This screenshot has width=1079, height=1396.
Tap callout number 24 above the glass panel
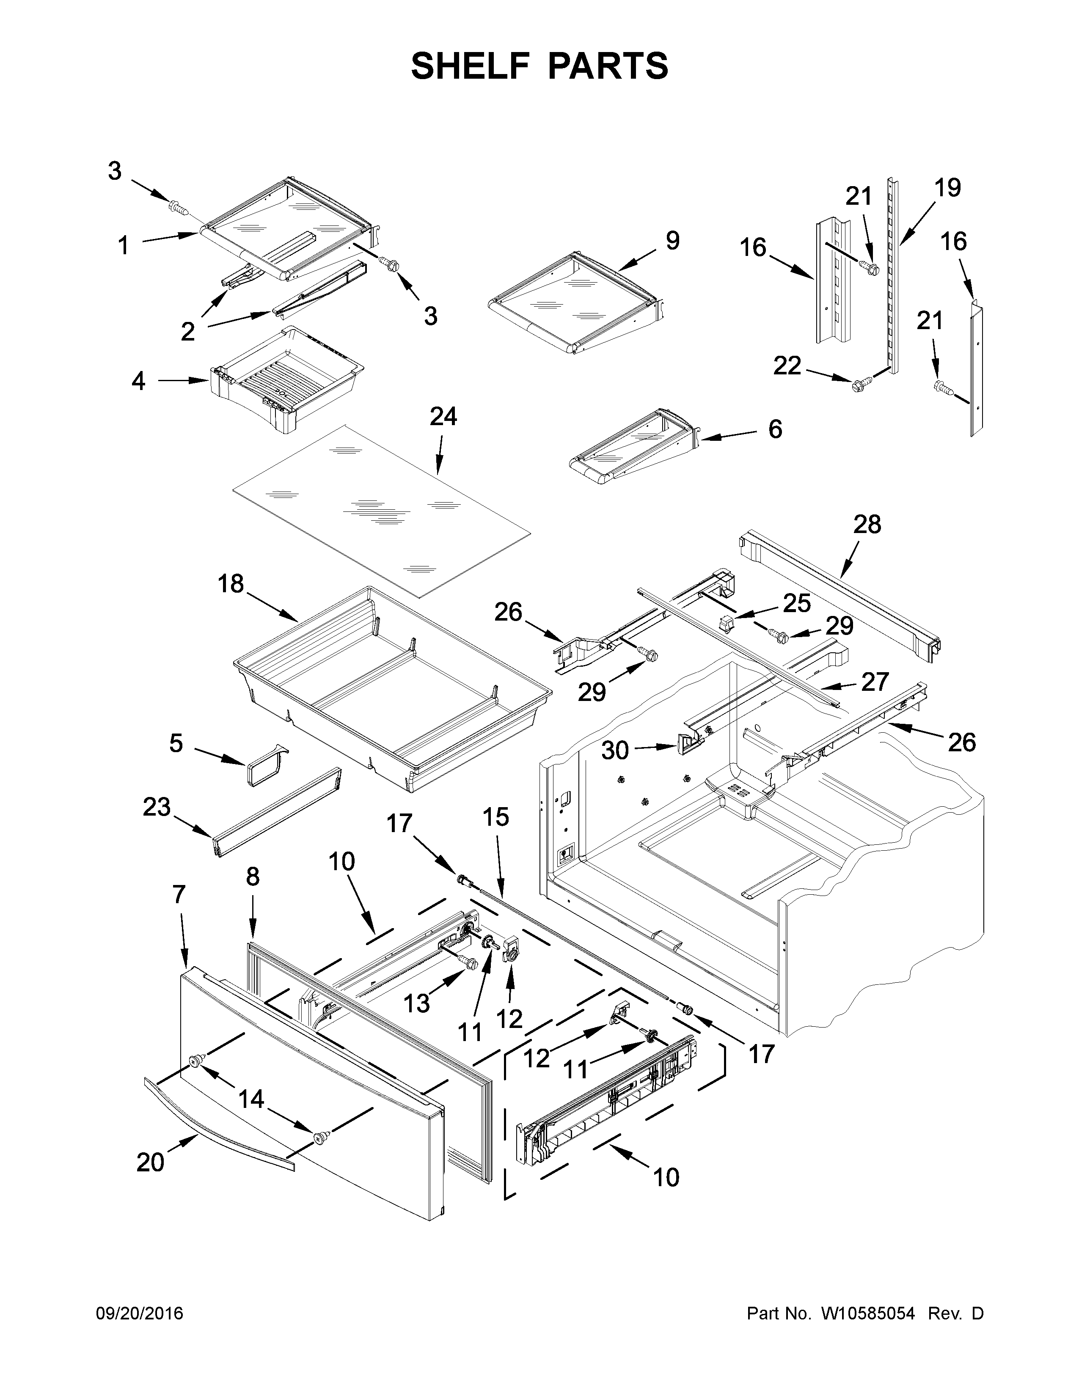tap(443, 417)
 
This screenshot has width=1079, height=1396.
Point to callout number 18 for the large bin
tap(231, 584)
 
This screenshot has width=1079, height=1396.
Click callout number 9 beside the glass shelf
tap(672, 240)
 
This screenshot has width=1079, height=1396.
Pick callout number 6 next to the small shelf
tap(775, 429)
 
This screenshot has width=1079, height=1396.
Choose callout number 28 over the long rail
tap(867, 524)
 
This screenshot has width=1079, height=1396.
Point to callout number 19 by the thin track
tap(947, 188)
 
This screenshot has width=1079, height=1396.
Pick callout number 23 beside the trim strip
tap(157, 807)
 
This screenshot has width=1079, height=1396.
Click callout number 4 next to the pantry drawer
tap(138, 382)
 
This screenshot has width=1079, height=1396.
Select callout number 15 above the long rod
tap(495, 817)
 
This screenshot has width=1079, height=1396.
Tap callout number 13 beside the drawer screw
tap(416, 1003)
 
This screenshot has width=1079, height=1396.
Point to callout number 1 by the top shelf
tap(124, 245)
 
